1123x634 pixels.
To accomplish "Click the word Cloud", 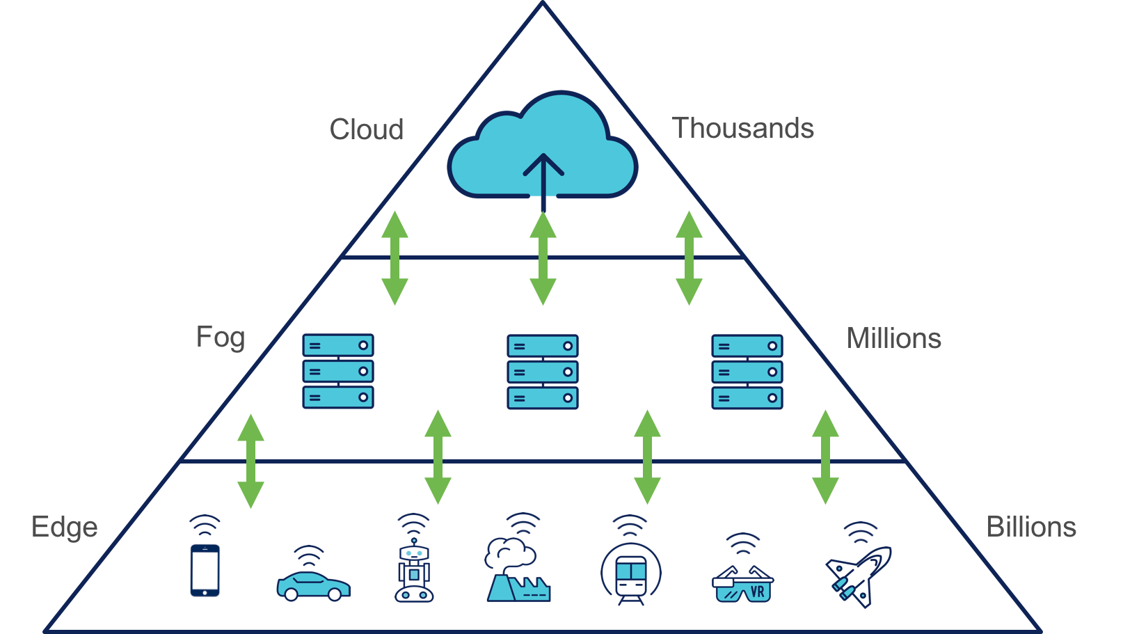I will pos(367,129).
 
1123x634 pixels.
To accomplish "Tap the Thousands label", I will pos(742,128).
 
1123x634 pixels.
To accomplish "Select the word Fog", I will pos(221,338).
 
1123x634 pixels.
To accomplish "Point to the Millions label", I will pos(894,338).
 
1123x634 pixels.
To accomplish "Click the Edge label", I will pos(65,528).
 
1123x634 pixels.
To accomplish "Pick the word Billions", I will pos(1031,527).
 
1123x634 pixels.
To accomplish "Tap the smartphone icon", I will pos(205,570).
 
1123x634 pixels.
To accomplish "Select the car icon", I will pos(313,585).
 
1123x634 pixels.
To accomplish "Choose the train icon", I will pos(631,574).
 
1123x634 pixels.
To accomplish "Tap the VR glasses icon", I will pos(742,584).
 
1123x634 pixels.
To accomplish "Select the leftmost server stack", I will pos(338,371).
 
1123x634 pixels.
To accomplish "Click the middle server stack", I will pos(543,372).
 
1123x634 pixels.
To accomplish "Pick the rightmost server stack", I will pos(747,372).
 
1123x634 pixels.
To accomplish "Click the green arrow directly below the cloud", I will pos(543,258).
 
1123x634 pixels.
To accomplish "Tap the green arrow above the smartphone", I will pos(250,461).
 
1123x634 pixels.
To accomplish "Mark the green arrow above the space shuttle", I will pos(825,457).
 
